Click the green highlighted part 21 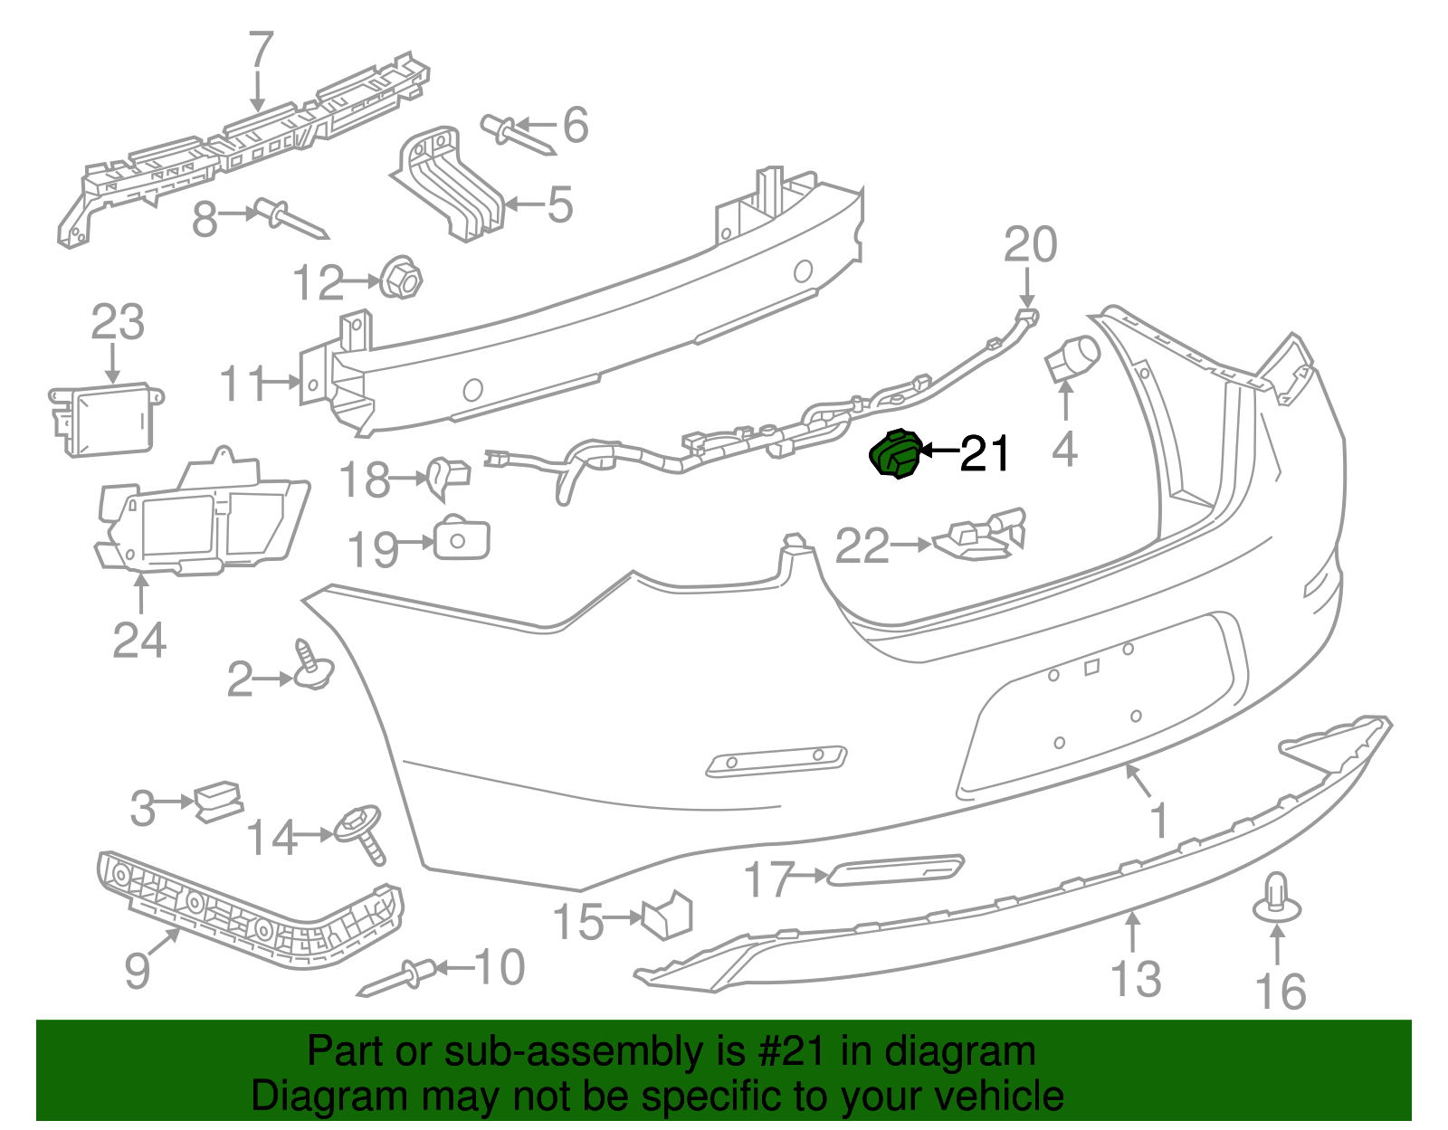pos(896,454)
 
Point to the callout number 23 pos(118,323)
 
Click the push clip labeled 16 pos(1276,898)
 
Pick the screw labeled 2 pos(310,669)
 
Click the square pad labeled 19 pos(461,540)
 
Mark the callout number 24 pos(139,641)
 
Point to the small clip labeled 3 pos(218,800)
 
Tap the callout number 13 pos(1136,979)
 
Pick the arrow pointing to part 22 pos(910,545)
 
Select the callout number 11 pos(243,384)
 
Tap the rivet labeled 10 pos(396,979)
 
